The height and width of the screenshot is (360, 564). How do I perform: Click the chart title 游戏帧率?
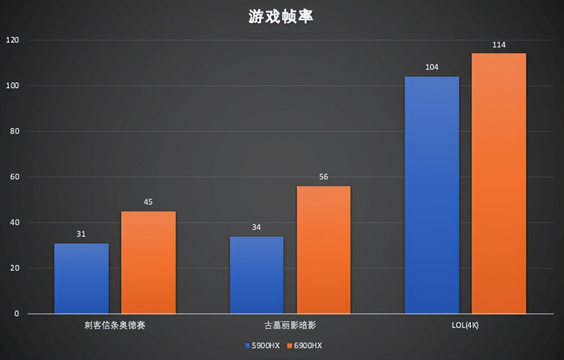[281, 17]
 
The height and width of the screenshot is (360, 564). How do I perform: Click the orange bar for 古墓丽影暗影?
[323, 249]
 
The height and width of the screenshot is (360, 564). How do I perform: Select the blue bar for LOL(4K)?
[431, 195]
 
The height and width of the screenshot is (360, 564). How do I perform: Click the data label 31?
[81, 234]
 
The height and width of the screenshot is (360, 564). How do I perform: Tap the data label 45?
[148, 202]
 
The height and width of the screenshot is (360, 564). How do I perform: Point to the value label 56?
[323, 177]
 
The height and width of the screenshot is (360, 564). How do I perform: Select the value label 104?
[431, 67]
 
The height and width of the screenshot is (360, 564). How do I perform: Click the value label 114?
[498, 45]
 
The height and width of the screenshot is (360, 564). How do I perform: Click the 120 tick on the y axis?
[12, 40]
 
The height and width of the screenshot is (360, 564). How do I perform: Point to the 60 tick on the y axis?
[14, 177]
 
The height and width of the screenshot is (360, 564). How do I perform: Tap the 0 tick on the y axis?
[17, 314]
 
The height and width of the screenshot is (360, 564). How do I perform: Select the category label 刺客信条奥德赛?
[115, 326]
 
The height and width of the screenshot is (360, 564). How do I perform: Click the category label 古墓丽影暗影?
[290, 326]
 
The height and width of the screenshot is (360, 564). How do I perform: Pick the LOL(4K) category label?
[464, 326]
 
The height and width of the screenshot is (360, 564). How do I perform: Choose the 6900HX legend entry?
[304, 346]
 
